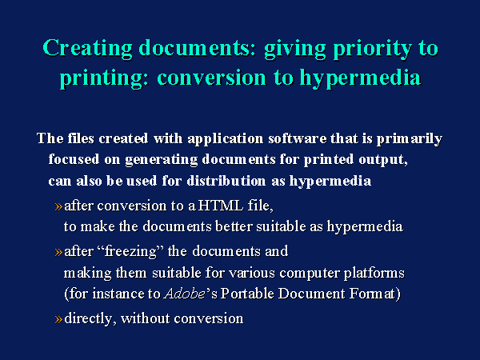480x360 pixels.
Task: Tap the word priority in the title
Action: click(373, 49)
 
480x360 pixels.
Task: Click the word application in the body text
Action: click(226, 139)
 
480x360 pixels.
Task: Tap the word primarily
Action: click(410, 139)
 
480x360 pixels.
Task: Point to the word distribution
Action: click(226, 181)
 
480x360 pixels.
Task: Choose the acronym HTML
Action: click(221, 206)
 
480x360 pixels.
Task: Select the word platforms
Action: click(374, 273)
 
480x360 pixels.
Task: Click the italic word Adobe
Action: click(185, 294)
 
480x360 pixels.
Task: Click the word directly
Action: click(88, 318)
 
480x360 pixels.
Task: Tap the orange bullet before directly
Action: click(58, 319)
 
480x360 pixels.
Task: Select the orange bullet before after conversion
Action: click(58, 206)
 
